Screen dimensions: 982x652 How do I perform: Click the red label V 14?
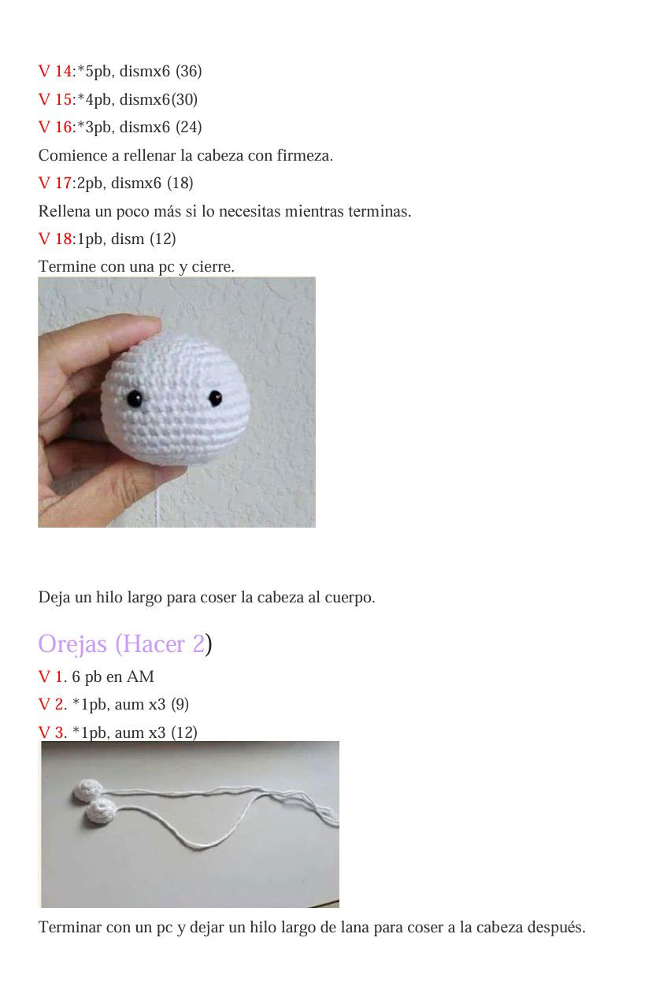[54, 72]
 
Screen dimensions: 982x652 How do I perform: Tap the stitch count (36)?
[188, 72]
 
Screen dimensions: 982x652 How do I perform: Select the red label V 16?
[54, 128]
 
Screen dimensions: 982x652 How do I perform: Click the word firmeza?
[304, 156]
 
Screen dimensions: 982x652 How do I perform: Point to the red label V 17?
[54, 183]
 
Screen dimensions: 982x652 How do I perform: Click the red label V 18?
[54, 239]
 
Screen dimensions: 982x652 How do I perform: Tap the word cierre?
[213, 268]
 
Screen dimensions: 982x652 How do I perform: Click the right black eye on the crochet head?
[213, 398]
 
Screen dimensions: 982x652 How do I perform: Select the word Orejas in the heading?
[72, 644]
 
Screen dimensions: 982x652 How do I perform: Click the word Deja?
[54, 598]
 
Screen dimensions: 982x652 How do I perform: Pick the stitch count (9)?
[179, 705]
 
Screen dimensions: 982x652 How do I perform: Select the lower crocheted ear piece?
[102, 812]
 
